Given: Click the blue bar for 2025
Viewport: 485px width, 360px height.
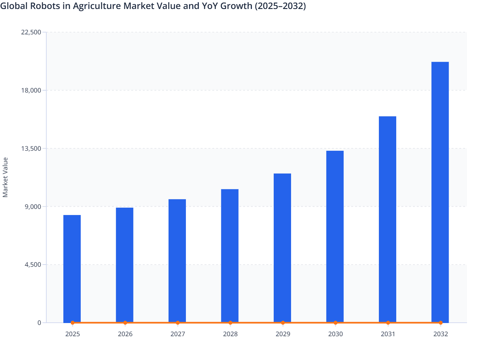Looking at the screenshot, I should (x=72, y=269).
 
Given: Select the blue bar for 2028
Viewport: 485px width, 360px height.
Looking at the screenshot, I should (x=230, y=256).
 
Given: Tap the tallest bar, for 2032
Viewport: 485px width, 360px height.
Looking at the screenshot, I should (x=440, y=192).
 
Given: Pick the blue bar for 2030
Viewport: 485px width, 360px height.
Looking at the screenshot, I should (x=335, y=237).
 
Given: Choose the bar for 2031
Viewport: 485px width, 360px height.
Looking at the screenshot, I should (x=387, y=220).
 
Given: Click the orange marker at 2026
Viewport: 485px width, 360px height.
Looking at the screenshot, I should (x=125, y=323).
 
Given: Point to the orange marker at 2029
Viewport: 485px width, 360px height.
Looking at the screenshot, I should (x=283, y=323).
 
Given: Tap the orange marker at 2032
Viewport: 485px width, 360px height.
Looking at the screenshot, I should (x=441, y=323).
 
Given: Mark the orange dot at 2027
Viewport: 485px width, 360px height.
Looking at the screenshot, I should (x=178, y=323).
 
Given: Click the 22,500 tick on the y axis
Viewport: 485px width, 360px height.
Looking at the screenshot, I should (x=31, y=32).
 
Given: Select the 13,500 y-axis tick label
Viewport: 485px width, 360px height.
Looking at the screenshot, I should (x=31, y=148).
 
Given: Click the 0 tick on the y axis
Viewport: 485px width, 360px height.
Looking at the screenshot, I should (x=39, y=323).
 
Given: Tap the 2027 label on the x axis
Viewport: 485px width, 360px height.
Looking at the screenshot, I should (x=178, y=334).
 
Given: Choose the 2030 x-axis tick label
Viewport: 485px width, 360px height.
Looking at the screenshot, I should (x=335, y=334).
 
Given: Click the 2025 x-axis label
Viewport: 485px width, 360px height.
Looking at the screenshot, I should (x=72, y=334).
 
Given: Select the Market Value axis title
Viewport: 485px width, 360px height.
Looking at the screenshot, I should (x=5, y=177).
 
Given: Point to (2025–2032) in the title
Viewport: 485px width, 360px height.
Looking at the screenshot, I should (x=280, y=6).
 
